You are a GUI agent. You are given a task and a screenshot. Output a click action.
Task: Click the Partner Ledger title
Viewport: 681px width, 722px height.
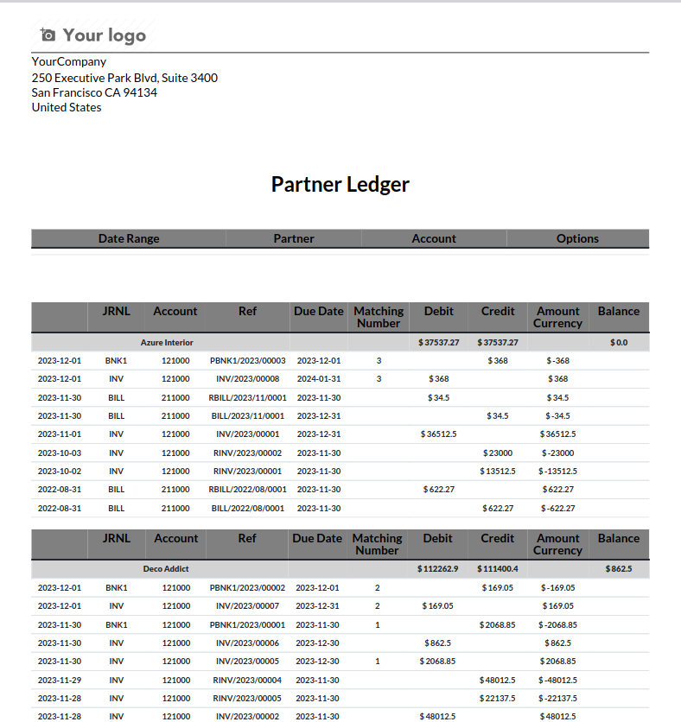coord(340,184)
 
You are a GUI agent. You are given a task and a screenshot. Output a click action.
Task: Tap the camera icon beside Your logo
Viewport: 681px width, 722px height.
coord(48,35)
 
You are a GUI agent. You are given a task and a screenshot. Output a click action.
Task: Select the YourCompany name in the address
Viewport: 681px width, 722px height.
coord(69,61)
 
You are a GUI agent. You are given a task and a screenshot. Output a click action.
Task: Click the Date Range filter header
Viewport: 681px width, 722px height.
coord(129,238)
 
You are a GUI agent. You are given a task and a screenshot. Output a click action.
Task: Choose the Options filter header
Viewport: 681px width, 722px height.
coord(577,238)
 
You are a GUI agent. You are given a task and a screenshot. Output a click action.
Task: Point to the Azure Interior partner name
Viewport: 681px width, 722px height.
coord(167,343)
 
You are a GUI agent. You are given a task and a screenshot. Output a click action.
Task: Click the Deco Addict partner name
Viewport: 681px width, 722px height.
coord(166,569)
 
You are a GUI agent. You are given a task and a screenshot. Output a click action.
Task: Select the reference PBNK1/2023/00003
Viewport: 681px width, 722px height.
coord(247,361)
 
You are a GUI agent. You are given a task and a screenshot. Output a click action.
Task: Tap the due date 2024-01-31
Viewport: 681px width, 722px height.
coord(319,379)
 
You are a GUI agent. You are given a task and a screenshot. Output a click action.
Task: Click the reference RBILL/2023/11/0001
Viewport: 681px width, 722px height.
coord(247,397)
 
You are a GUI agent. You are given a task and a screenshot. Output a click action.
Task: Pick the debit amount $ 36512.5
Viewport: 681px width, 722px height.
coord(439,434)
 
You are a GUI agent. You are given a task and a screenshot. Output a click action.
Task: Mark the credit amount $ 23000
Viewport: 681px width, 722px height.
coord(498,453)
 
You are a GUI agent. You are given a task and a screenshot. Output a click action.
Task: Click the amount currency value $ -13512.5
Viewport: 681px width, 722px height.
coord(558,472)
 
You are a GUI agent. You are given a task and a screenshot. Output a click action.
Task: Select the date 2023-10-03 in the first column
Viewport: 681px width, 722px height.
coord(60,453)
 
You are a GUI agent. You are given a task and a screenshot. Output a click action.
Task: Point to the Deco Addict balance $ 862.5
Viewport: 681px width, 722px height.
coord(619,569)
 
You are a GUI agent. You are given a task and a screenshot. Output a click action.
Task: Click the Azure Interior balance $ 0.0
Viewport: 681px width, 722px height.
coord(619,343)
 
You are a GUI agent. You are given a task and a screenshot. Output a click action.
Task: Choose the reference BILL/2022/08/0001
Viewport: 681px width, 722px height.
coord(248,509)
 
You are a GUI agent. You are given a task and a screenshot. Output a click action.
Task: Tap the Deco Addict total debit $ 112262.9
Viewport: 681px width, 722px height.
coord(438,569)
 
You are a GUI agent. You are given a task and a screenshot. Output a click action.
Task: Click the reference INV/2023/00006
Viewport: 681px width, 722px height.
coord(247,643)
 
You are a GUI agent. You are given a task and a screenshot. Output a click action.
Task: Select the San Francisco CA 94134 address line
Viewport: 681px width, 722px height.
coord(94,92)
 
